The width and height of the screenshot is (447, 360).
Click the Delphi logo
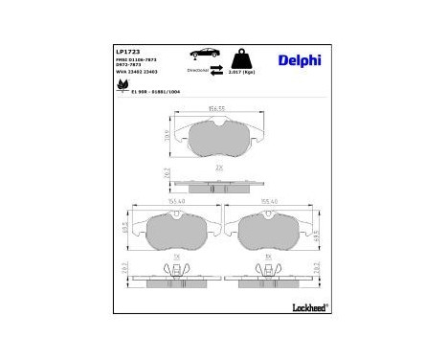pos(300,60)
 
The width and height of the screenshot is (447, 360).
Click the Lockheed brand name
pos(305,307)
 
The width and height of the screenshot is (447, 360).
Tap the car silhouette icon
pos(204,54)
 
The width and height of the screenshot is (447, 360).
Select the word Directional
pos(199,71)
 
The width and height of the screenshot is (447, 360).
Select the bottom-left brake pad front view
pos(175,231)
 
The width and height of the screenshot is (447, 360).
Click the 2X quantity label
pos(219,168)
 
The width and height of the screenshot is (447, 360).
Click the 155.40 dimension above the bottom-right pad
pos(268,202)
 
